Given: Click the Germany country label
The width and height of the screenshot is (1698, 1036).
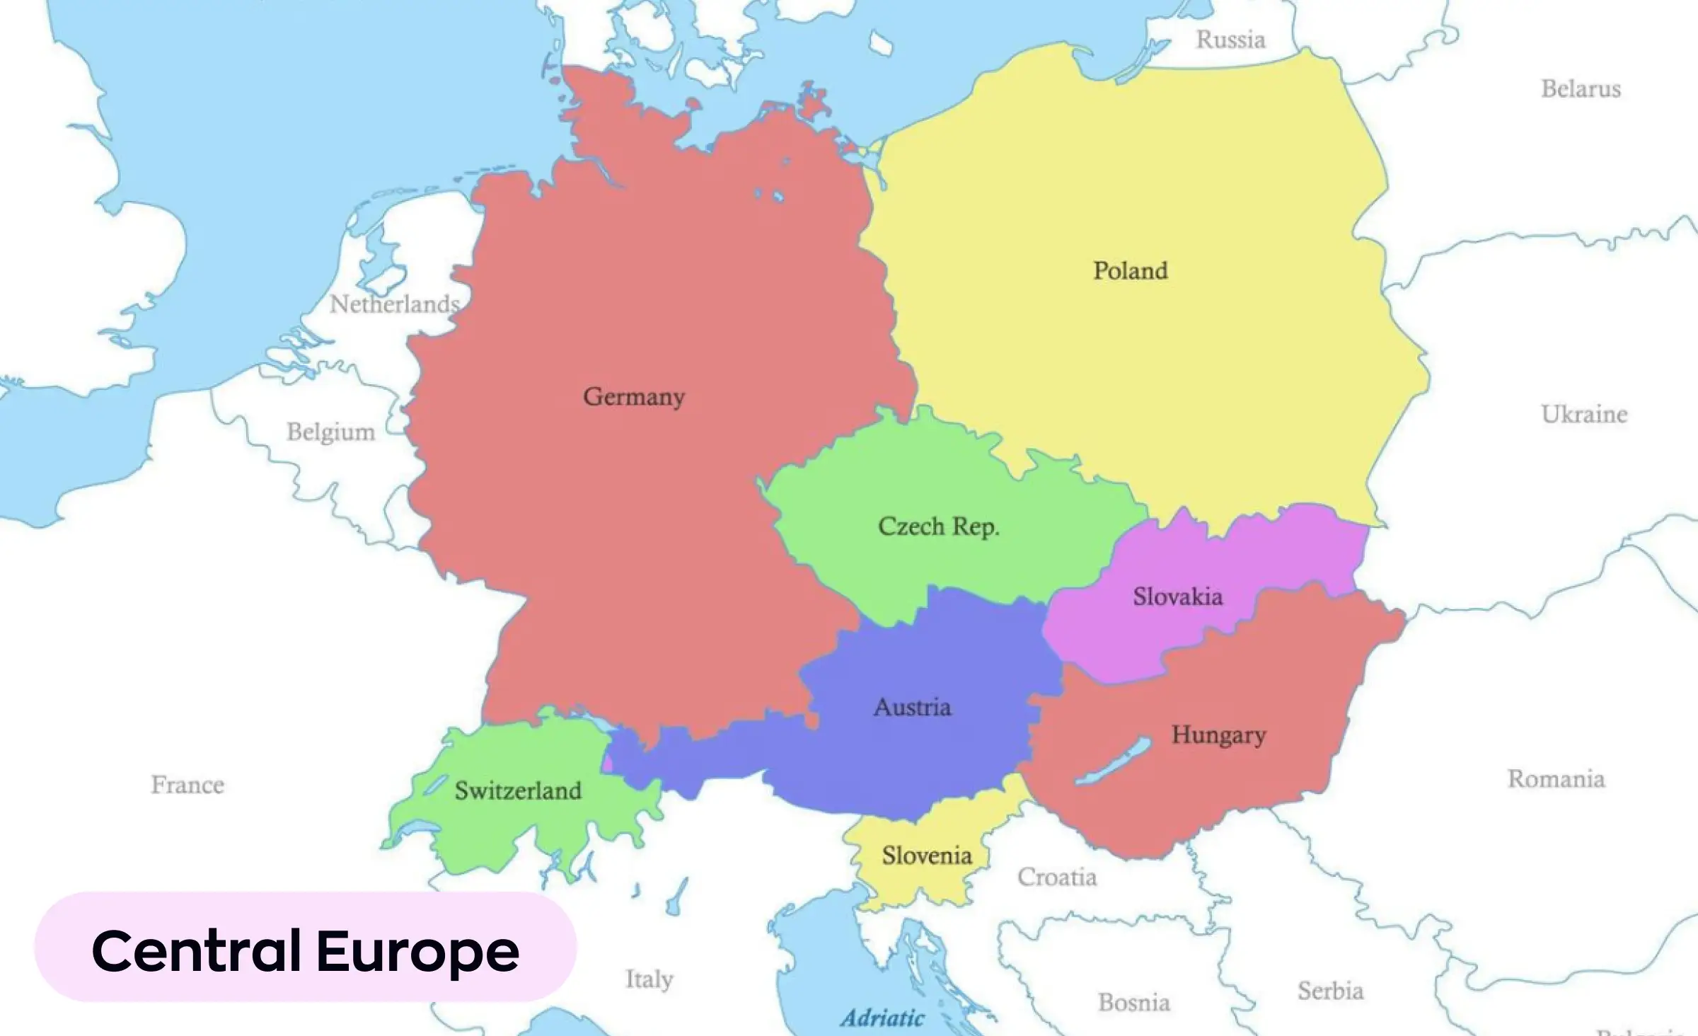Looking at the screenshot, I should (634, 397).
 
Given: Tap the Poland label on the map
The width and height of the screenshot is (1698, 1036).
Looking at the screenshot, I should (1130, 270).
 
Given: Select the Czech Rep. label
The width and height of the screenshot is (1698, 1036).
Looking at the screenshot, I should (938, 526).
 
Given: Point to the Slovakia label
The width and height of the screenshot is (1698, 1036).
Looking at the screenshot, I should (1177, 597).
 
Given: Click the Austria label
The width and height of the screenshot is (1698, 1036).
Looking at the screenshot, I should (912, 707).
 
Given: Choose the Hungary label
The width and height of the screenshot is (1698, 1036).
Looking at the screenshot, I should (1218, 735).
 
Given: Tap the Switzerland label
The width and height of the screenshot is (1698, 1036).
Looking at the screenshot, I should (518, 790).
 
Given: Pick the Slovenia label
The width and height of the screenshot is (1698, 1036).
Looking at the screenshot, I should (926, 856).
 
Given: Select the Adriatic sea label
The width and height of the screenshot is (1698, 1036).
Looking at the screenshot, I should (882, 1018).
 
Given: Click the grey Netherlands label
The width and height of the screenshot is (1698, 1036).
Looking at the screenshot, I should (394, 304).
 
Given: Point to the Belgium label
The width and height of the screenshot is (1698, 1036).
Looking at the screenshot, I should (330, 432).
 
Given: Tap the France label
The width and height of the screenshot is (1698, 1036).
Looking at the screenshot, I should (187, 784).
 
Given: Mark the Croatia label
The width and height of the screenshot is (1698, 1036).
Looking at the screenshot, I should (1057, 877).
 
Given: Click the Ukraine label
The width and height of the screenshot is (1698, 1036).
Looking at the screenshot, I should (1584, 414).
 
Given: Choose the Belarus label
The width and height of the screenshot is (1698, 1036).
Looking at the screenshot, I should (1581, 89).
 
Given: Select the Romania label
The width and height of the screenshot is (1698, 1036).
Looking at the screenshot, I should (1556, 779).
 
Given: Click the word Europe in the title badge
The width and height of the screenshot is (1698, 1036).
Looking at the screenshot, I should (417, 951).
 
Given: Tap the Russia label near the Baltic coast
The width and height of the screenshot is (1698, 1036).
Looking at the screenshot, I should (1230, 40).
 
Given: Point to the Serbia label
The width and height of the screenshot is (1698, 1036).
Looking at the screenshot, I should (1330, 991).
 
